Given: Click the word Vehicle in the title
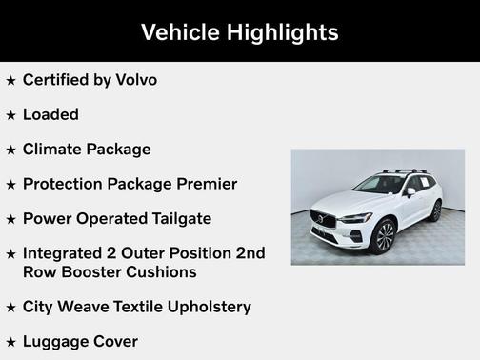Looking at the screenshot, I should pyautogui.click(x=178, y=32).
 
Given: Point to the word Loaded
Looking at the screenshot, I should pyautogui.click(x=50, y=114).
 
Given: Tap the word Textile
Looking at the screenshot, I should pyautogui.click(x=125, y=307).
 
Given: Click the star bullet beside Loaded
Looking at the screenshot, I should pyautogui.click(x=10, y=115).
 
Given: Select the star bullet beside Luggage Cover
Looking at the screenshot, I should pyautogui.click(x=10, y=342).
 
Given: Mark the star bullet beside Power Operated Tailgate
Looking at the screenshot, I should pyautogui.click(x=10, y=219).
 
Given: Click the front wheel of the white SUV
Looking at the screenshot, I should pyautogui.click(x=384, y=235).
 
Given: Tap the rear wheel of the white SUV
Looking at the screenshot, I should pyautogui.click(x=435, y=210).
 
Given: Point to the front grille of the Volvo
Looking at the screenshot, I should pyautogui.click(x=324, y=220).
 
